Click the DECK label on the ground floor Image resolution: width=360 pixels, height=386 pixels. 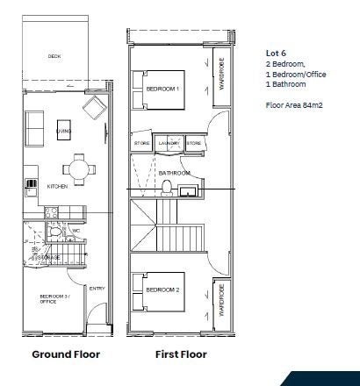click(x=55, y=56)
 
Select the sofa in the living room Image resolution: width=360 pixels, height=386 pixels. click(x=35, y=129)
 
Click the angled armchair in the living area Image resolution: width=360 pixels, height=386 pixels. click(x=93, y=109)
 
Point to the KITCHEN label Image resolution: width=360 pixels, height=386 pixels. click(x=58, y=187)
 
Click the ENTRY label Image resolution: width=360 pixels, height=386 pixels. click(x=97, y=289)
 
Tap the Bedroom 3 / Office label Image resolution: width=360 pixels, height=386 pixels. click(x=53, y=299)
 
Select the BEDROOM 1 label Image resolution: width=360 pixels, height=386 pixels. click(x=162, y=89)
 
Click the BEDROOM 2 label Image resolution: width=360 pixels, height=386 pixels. click(x=162, y=289)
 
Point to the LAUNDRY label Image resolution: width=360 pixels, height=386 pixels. click(x=169, y=142)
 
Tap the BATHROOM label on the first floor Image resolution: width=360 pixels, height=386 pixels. click(x=174, y=174)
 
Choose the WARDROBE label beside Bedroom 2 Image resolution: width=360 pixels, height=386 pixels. click(x=222, y=298)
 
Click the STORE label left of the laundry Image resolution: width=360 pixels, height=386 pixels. click(x=143, y=142)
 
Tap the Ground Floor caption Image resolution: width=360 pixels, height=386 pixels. click(x=66, y=354)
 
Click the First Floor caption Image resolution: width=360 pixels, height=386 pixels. click(x=180, y=354)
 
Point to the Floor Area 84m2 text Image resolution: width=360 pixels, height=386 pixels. click(x=294, y=104)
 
